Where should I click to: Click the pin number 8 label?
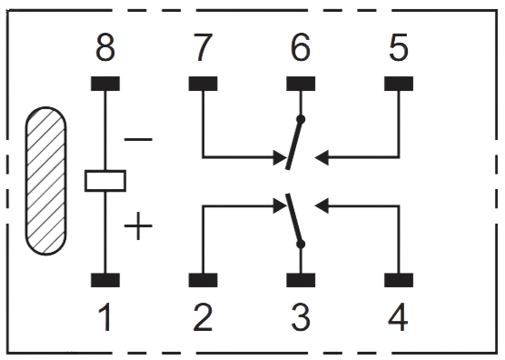105,48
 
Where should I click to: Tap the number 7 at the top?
203,48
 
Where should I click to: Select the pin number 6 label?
301,48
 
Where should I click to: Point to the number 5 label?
398,48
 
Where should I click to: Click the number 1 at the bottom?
105,317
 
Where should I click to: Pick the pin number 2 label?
203,317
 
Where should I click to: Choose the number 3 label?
301,317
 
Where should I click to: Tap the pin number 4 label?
398,317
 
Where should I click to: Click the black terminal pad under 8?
105,84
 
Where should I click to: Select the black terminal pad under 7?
203,84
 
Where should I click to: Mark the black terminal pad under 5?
398,84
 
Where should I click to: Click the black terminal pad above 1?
105,281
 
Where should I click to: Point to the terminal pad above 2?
203,281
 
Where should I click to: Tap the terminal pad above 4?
398,281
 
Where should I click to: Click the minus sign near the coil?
138,140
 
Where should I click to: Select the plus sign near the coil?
138,225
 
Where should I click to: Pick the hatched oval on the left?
45,181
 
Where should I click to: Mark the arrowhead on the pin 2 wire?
276,206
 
